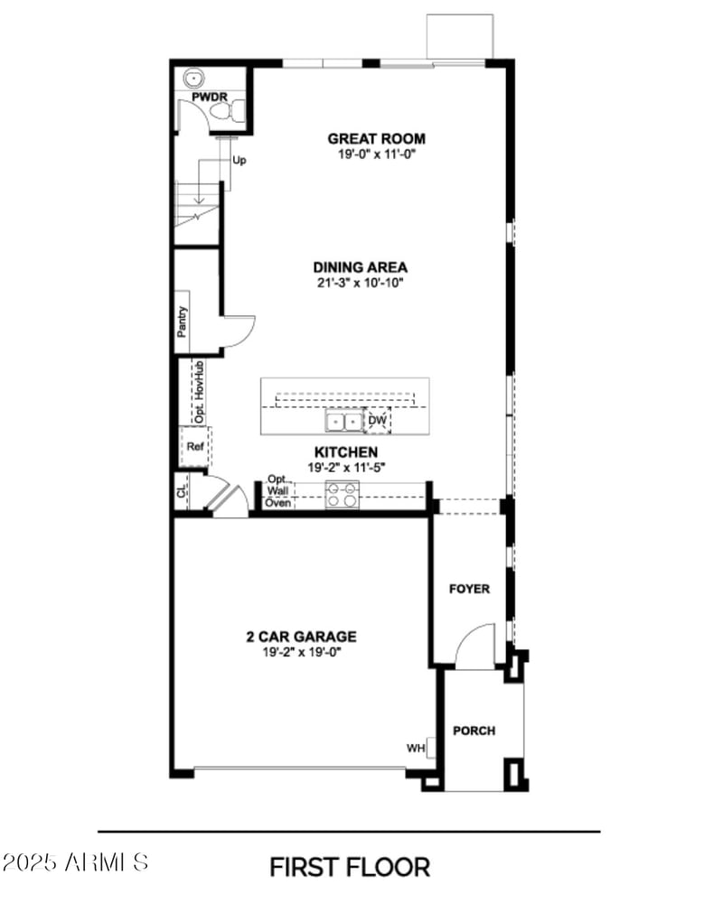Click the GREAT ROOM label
[x=376, y=139]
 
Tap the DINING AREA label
[x=360, y=267]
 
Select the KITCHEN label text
[x=346, y=451]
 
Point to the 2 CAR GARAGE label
[x=301, y=637]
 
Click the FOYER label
[x=470, y=589]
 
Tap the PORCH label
[x=474, y=731]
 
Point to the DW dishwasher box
[x=377, y=421]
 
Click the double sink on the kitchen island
[x=343, y=421]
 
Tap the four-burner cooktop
[x=343, y=494]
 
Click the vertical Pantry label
[x=183, y=322]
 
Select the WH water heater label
[x=416, y=748]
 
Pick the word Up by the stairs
[x=239, y=161]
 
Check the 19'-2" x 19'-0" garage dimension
[x=301, y=651]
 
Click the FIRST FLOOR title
[x=350, y=867]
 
